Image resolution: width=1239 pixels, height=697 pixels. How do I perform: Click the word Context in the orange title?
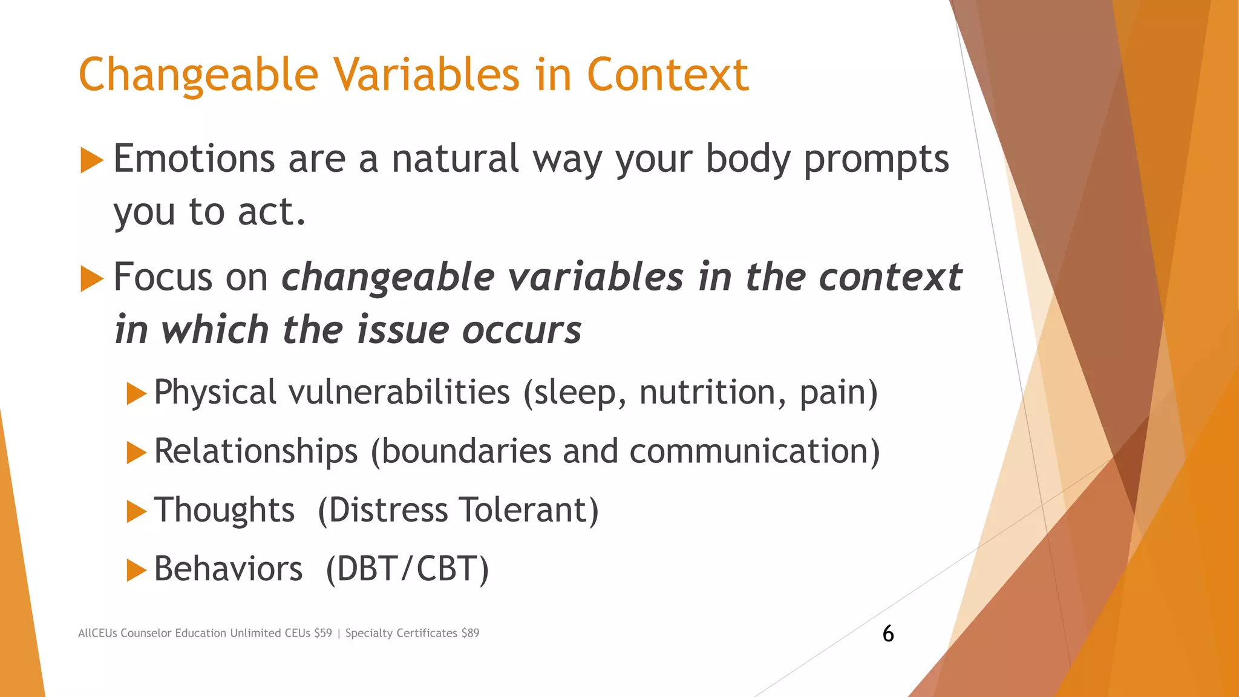pos(667,74)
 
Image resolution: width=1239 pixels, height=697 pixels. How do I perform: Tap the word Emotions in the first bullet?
pos(194,159)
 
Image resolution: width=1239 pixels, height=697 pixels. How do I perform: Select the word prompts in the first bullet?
pos(876,160)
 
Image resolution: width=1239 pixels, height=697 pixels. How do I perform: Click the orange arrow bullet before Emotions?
pos(92,161)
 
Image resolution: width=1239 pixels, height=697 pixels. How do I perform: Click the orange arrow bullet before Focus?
pos(92,279)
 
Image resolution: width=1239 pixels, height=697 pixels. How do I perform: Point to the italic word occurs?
pos(521,330)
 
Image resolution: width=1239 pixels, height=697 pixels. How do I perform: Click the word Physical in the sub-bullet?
pos(215,392)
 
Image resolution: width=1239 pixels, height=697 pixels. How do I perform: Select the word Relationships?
pos(256,451)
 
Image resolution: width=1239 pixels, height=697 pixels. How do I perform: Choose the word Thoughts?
pos(224,510)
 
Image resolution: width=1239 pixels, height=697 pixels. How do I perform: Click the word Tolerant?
pos(528,510)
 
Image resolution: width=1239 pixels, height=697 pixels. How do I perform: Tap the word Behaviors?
pos(228,569)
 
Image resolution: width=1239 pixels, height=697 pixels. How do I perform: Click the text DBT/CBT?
pos(407,569)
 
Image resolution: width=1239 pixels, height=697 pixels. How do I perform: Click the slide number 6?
pos(888,633)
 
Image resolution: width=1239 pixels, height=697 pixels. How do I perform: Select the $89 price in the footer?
pos(469,633)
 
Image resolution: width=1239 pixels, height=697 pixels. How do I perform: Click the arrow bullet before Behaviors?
pos(137,571)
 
